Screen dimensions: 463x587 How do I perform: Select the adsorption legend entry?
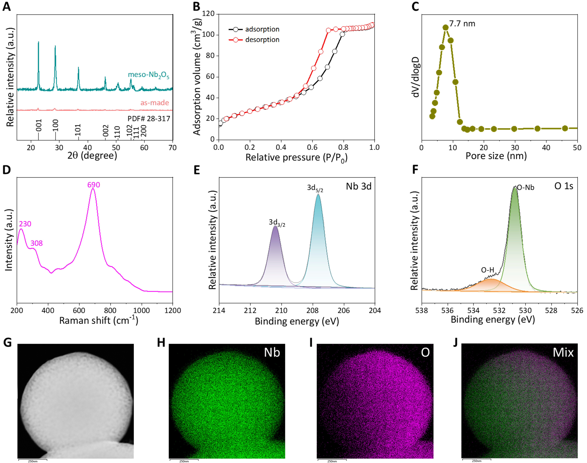[262, 29]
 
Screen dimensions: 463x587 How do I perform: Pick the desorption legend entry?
[262, 40]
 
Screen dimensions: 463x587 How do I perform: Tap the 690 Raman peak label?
[94, 185]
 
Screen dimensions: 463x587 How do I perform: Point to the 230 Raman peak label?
[25, 224]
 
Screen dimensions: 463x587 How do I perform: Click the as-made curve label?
[155, 103]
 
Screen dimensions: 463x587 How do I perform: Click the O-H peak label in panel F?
[487, 270]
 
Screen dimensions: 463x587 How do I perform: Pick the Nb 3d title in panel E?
[358, 186]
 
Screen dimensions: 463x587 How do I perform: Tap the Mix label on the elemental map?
[563, 352]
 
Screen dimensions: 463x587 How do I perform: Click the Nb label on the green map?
[272, 352]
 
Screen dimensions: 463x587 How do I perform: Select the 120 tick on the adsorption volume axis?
[208, 14]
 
